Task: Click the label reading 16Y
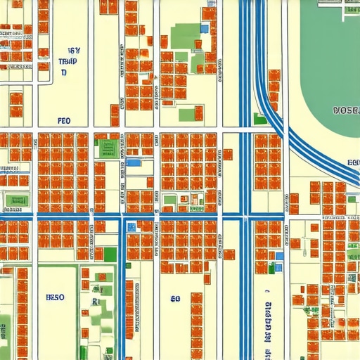(74, 51)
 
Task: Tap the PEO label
(65, 121)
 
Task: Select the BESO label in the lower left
(55, 297)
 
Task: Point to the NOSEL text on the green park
(345, 111)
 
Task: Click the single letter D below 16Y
(64, 72)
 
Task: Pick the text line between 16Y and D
(67, 62)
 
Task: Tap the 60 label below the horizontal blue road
(175, 298)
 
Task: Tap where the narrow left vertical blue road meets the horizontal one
(121, 218)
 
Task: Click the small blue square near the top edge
(205, 29)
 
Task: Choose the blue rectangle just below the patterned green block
(133, 163)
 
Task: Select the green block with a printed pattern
(108, 146)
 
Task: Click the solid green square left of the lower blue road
(110, 254)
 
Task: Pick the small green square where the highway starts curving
(260, 119)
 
